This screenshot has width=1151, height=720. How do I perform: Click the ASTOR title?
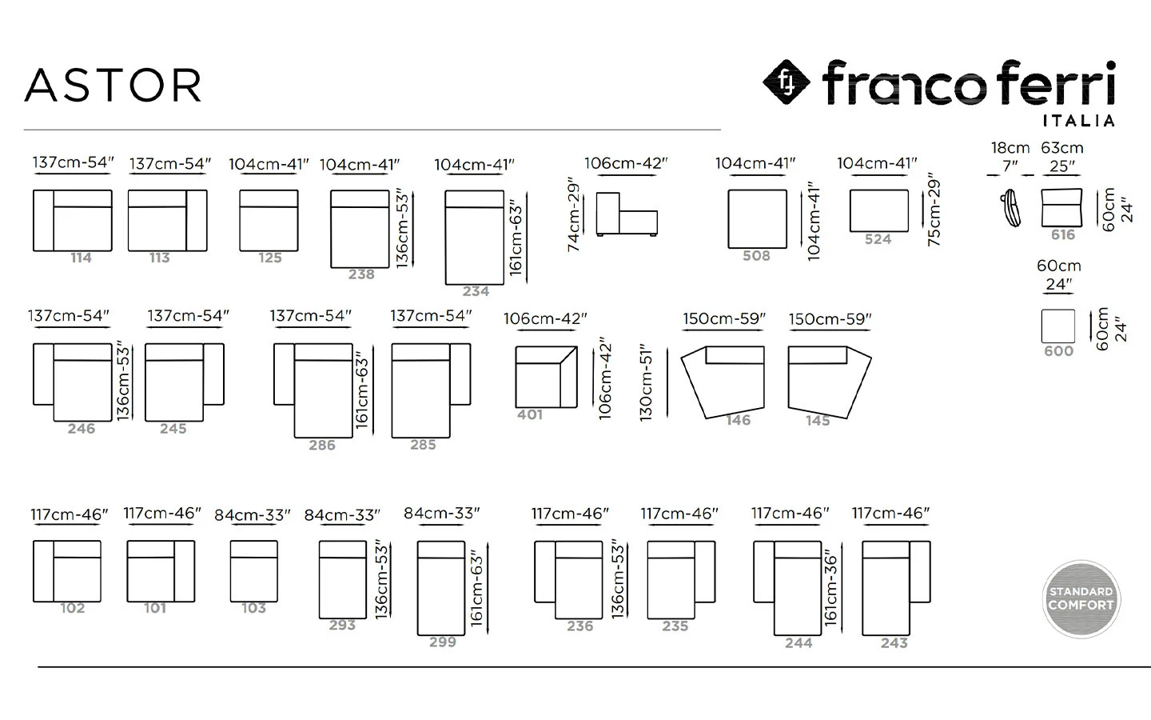point(113,85)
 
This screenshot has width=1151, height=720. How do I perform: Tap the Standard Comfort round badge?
point(1081,599)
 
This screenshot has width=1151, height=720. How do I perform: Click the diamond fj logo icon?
point(787,82)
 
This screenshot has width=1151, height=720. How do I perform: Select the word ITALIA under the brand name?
point(1078,121)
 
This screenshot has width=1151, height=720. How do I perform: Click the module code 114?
point(81,258)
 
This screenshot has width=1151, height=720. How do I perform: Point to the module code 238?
point(361,274)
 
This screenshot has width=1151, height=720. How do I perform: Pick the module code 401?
point(530,414)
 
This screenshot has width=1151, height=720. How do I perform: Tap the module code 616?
point(1062,235)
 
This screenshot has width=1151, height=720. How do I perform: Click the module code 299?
point(443,642)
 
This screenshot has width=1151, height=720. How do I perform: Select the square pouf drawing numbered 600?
point(1058,326)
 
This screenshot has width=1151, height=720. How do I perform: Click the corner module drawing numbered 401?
point(546,377)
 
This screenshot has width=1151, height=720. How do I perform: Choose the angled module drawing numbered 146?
point(723,382)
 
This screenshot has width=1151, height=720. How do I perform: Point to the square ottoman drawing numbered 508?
point(757,219)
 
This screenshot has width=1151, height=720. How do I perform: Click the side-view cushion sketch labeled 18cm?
point(1010,208)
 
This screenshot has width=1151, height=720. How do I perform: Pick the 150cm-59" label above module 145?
point(830,319)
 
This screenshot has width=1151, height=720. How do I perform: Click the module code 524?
point(878,239)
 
